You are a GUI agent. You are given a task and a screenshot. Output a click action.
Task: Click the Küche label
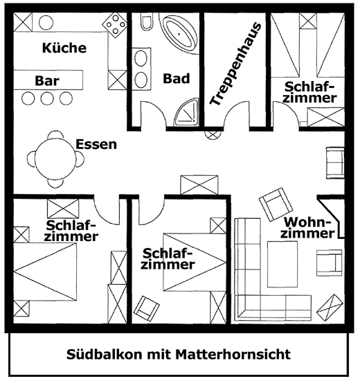pos(64,48)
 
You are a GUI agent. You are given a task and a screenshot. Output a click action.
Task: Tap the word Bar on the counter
pos(47,80)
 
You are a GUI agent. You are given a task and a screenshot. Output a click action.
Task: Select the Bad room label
pos(177,78)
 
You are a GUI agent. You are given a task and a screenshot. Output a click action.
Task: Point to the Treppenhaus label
pos(235,64)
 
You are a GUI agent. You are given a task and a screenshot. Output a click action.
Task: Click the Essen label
pos(96,144)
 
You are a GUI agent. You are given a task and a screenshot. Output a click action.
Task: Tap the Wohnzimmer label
pos(308,228)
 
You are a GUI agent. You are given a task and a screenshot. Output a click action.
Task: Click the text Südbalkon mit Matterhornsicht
pos(179,354)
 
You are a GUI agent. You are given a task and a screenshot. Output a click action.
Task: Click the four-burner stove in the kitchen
pos(114,25)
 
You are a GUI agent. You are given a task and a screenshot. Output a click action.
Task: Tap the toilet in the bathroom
pos(147,22)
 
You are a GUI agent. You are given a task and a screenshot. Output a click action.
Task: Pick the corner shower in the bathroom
pos(186,112)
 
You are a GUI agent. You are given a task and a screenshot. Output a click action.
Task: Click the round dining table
pos(55,159)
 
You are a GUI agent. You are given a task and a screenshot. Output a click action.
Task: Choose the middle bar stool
pos(47,98)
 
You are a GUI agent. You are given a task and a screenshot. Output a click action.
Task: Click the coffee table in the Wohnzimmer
pos(282,265)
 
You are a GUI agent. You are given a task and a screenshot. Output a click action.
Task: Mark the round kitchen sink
pos(46,22)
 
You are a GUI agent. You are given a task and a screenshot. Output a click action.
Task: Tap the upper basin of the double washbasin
pos(141,59)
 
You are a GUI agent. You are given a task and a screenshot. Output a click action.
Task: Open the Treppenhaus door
pos(237,111)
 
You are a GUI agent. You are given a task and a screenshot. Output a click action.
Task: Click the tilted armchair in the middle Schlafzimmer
pos(147,308)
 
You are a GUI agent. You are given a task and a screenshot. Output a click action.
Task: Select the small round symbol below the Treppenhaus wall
pos(213,134)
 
